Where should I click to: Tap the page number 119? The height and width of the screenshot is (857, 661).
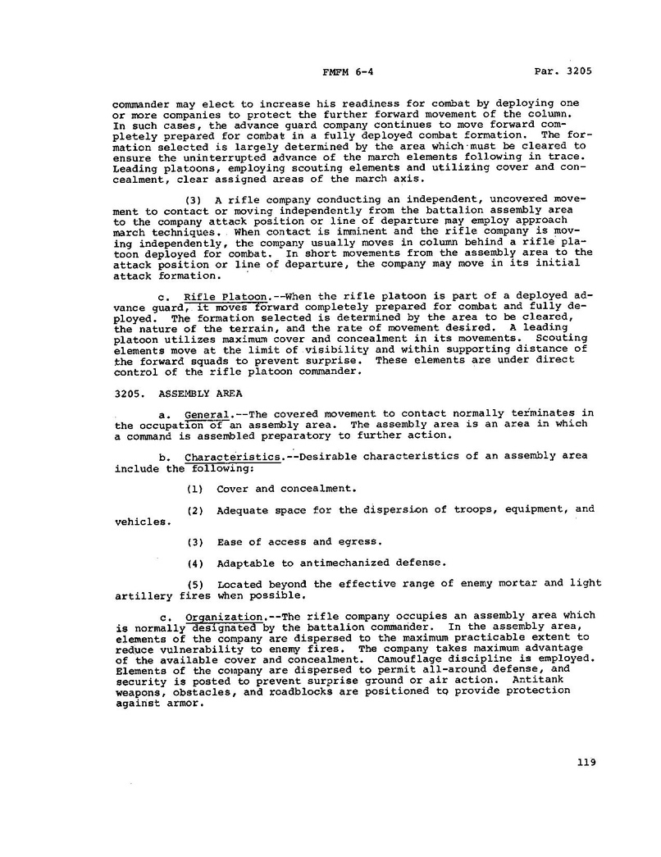[586, 762]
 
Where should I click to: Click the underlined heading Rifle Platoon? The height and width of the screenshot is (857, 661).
[215, 296]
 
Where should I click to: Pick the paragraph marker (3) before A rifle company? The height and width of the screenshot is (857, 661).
[194, 199]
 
